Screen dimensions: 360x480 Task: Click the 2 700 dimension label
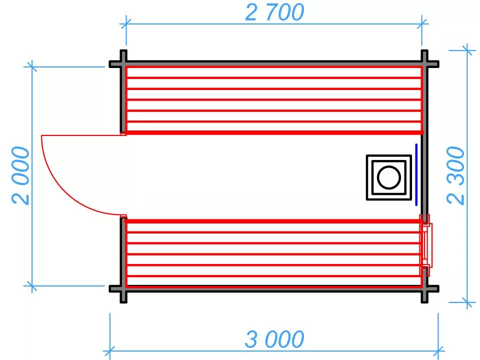pos(274,12)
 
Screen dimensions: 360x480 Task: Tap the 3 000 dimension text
pos(274,340)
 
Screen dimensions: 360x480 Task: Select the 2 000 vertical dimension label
pos(21,176)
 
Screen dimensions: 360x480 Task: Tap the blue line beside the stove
pos(416,174)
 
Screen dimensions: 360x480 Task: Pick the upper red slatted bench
pos(273,100)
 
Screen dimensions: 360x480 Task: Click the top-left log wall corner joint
pos(122,64)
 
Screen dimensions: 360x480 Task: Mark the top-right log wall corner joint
pos(424,64)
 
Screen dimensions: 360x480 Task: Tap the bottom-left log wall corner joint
pos(122,288)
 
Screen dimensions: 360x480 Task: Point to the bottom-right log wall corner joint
pos(424,288)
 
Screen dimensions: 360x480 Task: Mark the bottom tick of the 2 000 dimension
pos(32,286)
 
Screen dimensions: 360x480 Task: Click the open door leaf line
pos(82,135)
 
